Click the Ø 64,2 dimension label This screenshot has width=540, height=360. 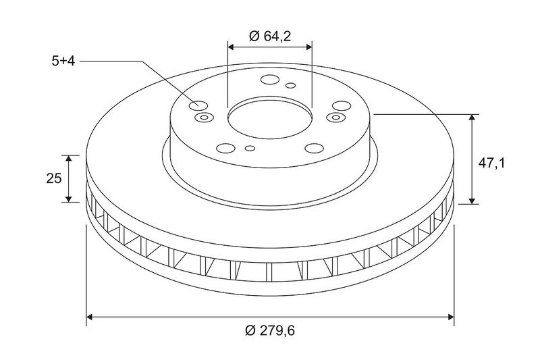[269, 36]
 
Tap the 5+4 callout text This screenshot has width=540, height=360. [63, 61]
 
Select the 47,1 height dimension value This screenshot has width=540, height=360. [491, 163]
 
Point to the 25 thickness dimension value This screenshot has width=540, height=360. [54, 178]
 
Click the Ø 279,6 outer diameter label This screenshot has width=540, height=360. [270, 331]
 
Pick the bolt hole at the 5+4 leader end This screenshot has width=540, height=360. [198, 105]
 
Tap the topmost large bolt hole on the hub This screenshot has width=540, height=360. [269, 80]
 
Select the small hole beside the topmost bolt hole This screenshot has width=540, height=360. [291, 85]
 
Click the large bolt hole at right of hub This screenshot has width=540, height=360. [342, 106]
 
